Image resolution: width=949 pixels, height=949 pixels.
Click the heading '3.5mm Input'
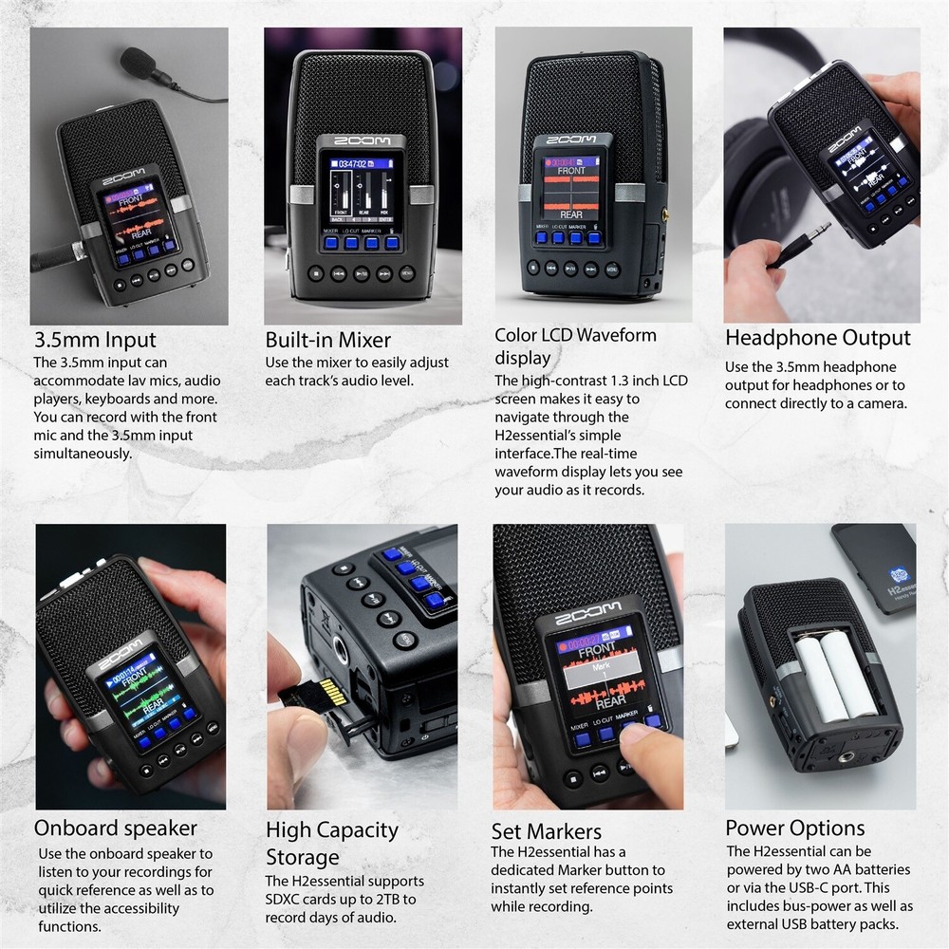click(x=95, y=340)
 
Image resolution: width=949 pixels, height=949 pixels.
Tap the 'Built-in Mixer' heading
click(x=327, y=340)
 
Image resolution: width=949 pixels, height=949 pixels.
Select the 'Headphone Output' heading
click(x=817, y=338)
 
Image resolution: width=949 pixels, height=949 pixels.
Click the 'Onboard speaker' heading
click(x=116, y=828)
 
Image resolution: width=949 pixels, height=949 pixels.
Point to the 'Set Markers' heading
click(x=546, y=832)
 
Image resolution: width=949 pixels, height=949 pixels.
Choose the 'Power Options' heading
click(x=794, y=828)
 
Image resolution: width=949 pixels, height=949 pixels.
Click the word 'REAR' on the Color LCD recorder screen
click(x=570, y=215)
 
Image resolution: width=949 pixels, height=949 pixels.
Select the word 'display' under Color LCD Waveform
click(x=522, y=358)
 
